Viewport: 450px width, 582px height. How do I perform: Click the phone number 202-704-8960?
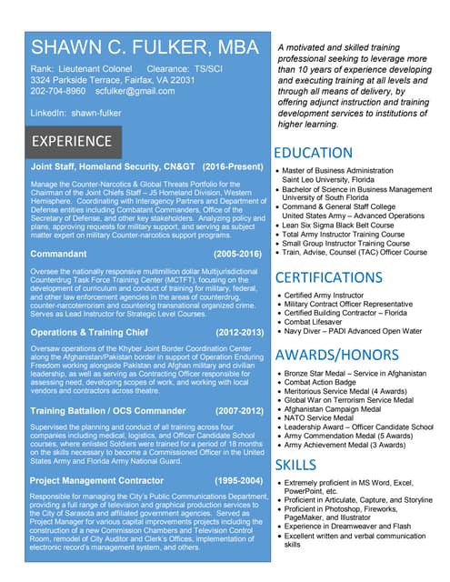(x=58, y=91)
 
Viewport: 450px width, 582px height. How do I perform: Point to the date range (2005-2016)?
(x=237, y=254)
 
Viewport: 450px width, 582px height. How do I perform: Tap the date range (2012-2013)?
(x=237, y=333)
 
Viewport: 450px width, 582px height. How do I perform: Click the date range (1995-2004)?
(x=237, y=479)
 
